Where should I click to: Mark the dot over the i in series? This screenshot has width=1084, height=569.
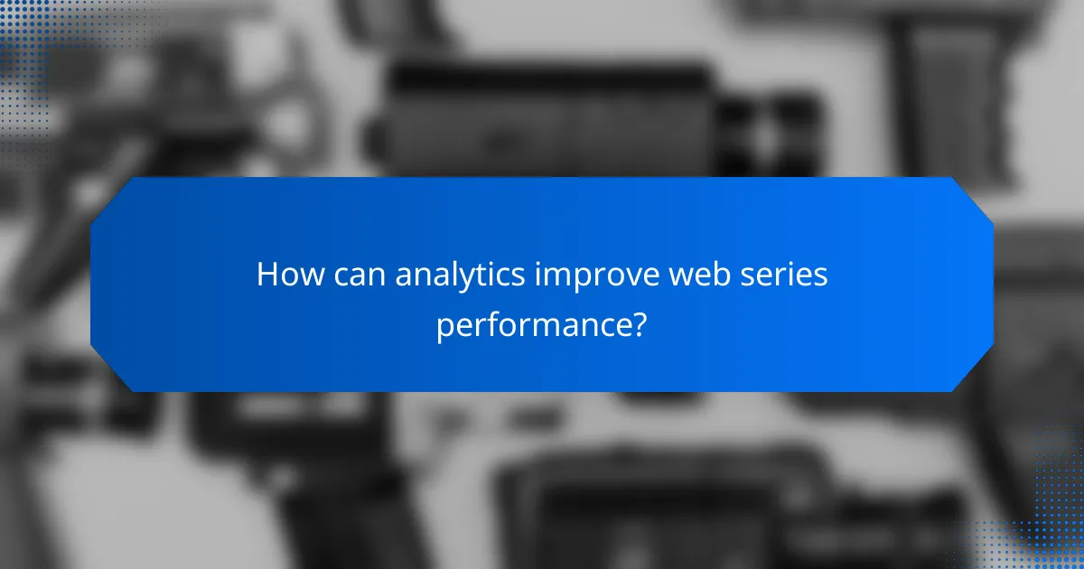[x=793, y=263]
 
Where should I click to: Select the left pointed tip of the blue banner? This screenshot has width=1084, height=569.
[x=92, y=284]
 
